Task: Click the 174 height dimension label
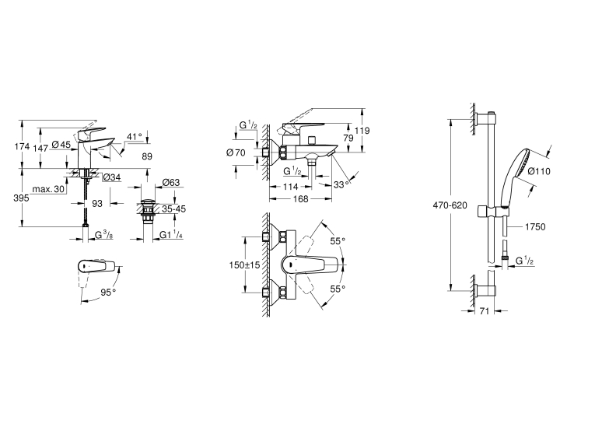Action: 22,146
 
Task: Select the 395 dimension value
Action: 21,198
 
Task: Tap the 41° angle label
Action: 135,136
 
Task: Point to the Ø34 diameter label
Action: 112,177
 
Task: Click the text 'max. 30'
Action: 48,189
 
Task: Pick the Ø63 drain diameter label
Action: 171,183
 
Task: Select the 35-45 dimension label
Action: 173,208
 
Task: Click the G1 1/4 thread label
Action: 171,235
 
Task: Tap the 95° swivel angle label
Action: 108,293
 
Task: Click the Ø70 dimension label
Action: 236,152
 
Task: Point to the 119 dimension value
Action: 362,131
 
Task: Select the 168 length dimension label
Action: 300,199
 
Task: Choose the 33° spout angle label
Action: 341,184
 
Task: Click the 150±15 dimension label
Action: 244,265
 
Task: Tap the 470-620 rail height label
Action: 450,205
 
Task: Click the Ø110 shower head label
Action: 539,172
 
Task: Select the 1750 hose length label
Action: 535,227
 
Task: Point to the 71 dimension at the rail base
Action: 485,311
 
